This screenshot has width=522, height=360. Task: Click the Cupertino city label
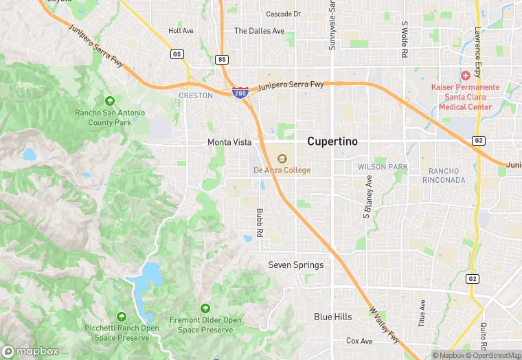click(x=332, y=141)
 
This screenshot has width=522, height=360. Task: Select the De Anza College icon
click(x=282, y=159)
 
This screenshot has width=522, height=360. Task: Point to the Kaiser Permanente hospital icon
click(x=465, y=74)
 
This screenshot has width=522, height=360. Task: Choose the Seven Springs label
click(x=295, y=265)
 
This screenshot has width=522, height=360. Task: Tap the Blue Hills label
click(x=333, y=317)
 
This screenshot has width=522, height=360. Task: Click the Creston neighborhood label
click(x=196, y=95)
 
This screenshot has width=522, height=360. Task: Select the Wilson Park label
click(x=383, y=167)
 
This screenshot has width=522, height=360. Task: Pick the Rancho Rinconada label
click(x=447, y=175)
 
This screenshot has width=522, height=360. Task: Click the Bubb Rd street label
click(x=260, y=223)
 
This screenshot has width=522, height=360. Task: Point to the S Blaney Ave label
click(x=367, y=197)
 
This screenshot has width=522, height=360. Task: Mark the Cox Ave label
click(x=359, y=341)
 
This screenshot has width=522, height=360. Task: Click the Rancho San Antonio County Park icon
click(x=109, y=101)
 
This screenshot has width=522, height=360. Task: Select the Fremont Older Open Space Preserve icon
click(x=205, y=308)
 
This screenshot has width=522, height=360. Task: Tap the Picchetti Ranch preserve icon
click(x=122, y=316)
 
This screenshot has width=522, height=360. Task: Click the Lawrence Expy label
click(x=477, y=42)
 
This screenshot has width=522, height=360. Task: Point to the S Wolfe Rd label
click(x=405, y=39)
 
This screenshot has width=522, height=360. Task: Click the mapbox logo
click(x=31, y=351)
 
